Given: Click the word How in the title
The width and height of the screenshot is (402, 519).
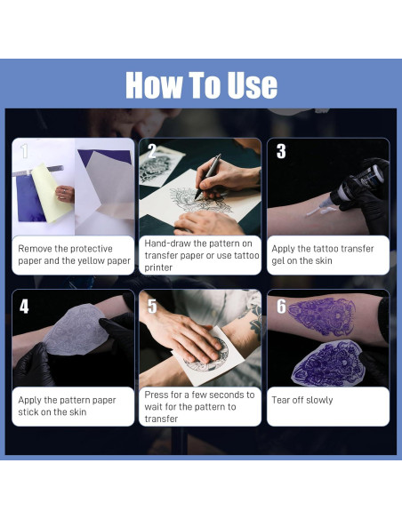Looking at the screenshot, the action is [x=154, y=85].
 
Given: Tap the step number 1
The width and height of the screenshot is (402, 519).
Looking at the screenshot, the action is [x=24, y=151].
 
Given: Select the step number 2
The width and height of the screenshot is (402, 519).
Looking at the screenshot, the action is [x=152, y=151].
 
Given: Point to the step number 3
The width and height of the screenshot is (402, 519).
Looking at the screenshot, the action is [x=281, y=151].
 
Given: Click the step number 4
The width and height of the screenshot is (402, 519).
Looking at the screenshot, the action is [x=24, y=307].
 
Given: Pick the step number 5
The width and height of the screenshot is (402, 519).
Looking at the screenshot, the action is [x=152, y=307].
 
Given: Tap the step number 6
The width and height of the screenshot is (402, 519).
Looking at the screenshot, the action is [x=281, y=307].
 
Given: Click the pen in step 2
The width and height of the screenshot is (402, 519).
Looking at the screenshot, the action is [x=208, y=177].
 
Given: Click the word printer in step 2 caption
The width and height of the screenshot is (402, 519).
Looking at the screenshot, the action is [x=158, y=267].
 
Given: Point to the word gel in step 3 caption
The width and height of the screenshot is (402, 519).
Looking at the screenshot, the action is [x=278, y=261].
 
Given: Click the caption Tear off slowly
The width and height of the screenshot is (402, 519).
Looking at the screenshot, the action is [x=302, y=400].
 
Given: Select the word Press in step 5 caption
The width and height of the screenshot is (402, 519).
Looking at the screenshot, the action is [x=156, y=395].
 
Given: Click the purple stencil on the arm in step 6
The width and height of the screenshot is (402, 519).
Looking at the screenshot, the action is [x=321, y=316].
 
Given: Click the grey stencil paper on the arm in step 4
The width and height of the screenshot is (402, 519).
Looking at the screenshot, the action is [x=76, y=330].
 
